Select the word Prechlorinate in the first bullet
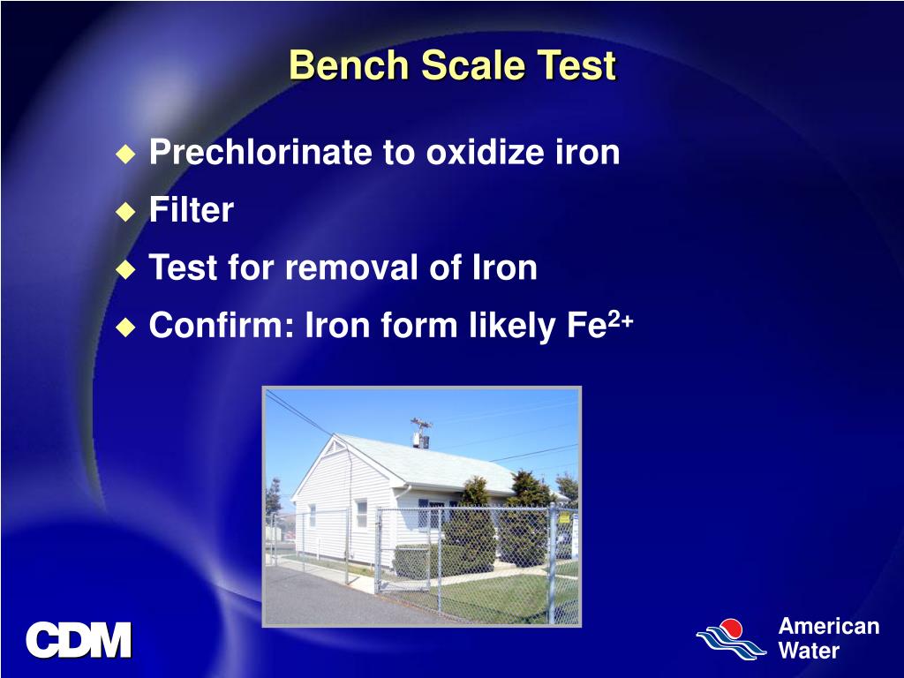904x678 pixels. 260,153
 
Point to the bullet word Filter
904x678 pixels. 191,211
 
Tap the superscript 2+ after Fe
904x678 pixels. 620,320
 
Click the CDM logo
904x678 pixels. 79,641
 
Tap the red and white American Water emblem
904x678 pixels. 730,638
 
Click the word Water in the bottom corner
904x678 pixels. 809,652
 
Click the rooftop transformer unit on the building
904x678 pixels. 421,433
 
